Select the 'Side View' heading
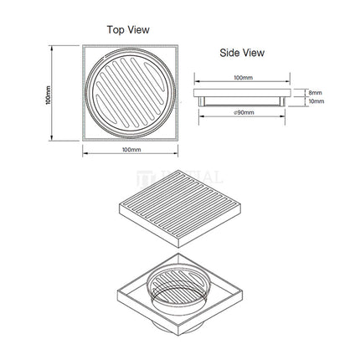pyautogui.click(x=242, y=53)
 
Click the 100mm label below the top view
pyautogui.click(x=131, y=149)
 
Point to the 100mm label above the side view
pyautogui.click(x=243, y=78)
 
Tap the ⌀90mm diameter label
pyautogui.click(x=244, y=111)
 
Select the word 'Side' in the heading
pyautogui.click(x=230, y=53)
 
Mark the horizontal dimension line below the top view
pyautogui.click(x=131, y=155)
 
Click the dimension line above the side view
pyautogui.click(x=243, y=83)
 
